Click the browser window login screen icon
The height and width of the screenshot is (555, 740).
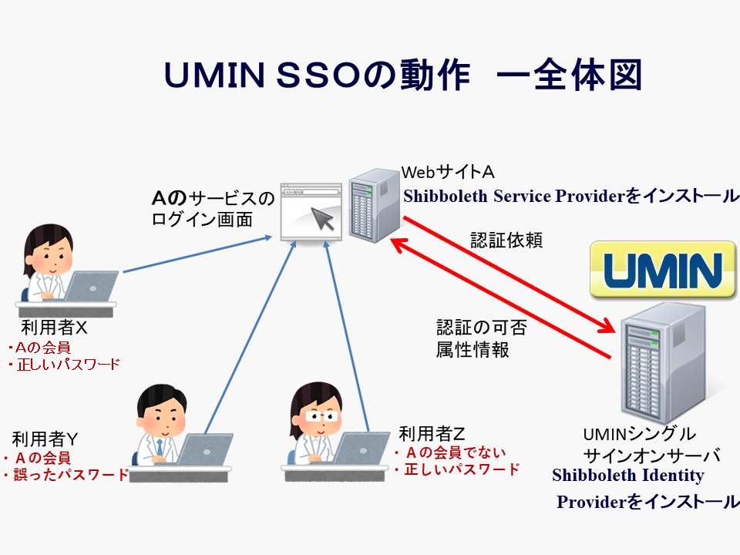coord(311,212)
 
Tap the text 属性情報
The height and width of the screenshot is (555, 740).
coord(473,349)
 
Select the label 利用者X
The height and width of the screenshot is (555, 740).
coord(54,328)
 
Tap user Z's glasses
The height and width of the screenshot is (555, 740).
coord(318,415)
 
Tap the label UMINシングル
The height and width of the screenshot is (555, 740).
coord(639,434)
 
